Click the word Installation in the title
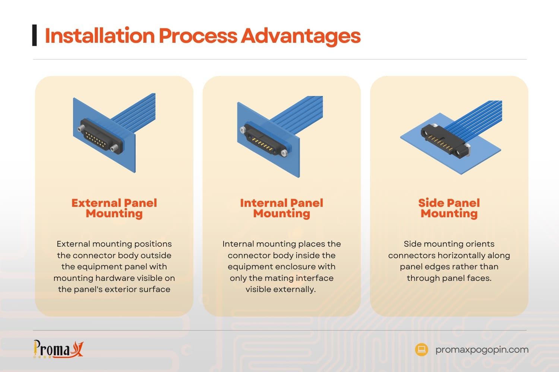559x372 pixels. pyautogui.click(x=100, y=36)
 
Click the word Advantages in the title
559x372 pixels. pyautogui.click(x=301, y=36)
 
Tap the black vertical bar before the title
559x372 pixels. pyautogui.click(x=35, y=35)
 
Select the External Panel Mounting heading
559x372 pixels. pyautogui.click(x=114, y=208)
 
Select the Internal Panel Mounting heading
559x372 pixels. pyautogui.click(x=281, y=208)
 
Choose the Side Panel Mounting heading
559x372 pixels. pyautogui.click(x=449, y=208)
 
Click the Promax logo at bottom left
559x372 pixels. pyautogui.click(x=58, y=349)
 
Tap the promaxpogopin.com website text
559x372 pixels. pyautogui.click(x=481, y=350)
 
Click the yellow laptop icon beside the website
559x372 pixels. pyautogui.click(x=421, y=349)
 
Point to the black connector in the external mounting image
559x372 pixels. pyautogui.click(x=100, y=136)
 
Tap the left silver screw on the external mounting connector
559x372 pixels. pyautogui.click(x=81, y=129)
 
